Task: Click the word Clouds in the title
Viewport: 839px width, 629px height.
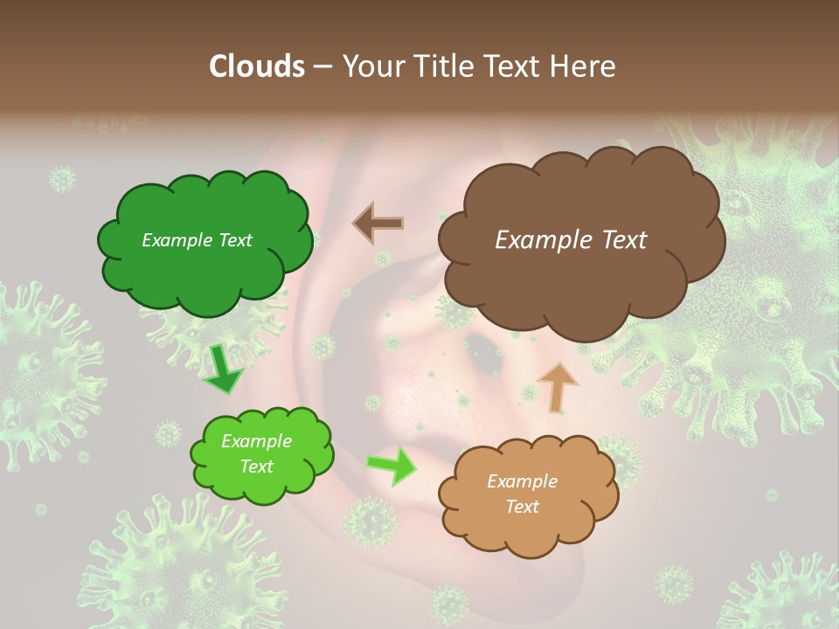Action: click(256, 66)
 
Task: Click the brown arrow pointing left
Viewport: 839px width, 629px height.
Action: click(378, 223)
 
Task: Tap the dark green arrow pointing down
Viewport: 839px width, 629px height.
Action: click(224, 370)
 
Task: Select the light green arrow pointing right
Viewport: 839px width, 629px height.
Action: click(391, 465)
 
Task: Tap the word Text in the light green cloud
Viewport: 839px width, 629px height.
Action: click(257, 467)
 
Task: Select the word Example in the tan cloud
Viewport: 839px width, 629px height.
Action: click(522, 481)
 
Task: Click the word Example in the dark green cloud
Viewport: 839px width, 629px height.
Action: click(176, 240)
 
